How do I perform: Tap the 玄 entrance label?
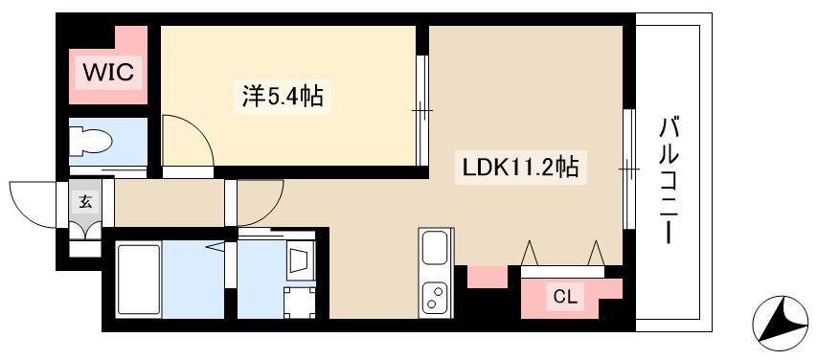coord(85,201)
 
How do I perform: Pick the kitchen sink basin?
coord(435,251)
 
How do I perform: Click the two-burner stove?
coord(435,297)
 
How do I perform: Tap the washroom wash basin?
coord(299,260)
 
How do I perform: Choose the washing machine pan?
coord(299,302)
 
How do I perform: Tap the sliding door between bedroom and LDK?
coord(420,111)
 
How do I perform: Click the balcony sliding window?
coord(628,169)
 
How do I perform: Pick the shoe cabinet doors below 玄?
coord(85,231)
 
